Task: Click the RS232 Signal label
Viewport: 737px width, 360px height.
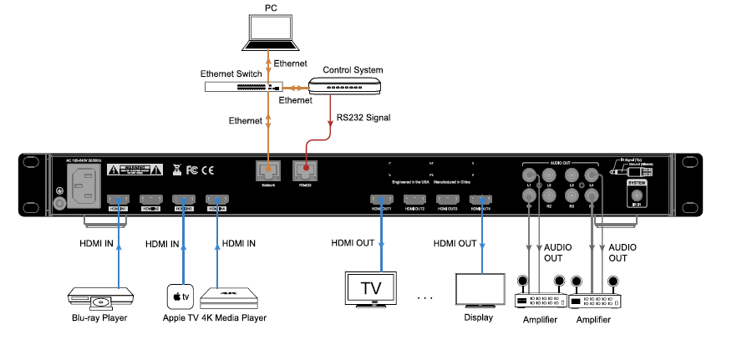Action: pyautogui.click(x=363, y=118)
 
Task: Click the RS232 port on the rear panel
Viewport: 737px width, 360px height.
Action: pyautogui.click(x=305, y=170)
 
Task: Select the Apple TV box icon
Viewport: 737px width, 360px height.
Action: pyautogui.click(x=180, y=296)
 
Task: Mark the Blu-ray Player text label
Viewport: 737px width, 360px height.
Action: pyautogui.click(x=98, y=318)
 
